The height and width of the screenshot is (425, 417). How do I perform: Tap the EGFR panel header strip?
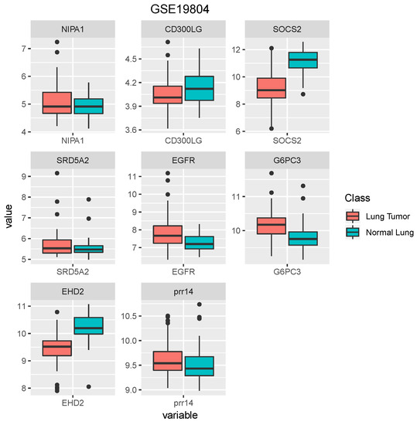(181, 163)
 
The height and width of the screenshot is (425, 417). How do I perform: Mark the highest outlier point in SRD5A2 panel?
(56, 173)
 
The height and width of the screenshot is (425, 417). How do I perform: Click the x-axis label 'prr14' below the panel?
(181, 402)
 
